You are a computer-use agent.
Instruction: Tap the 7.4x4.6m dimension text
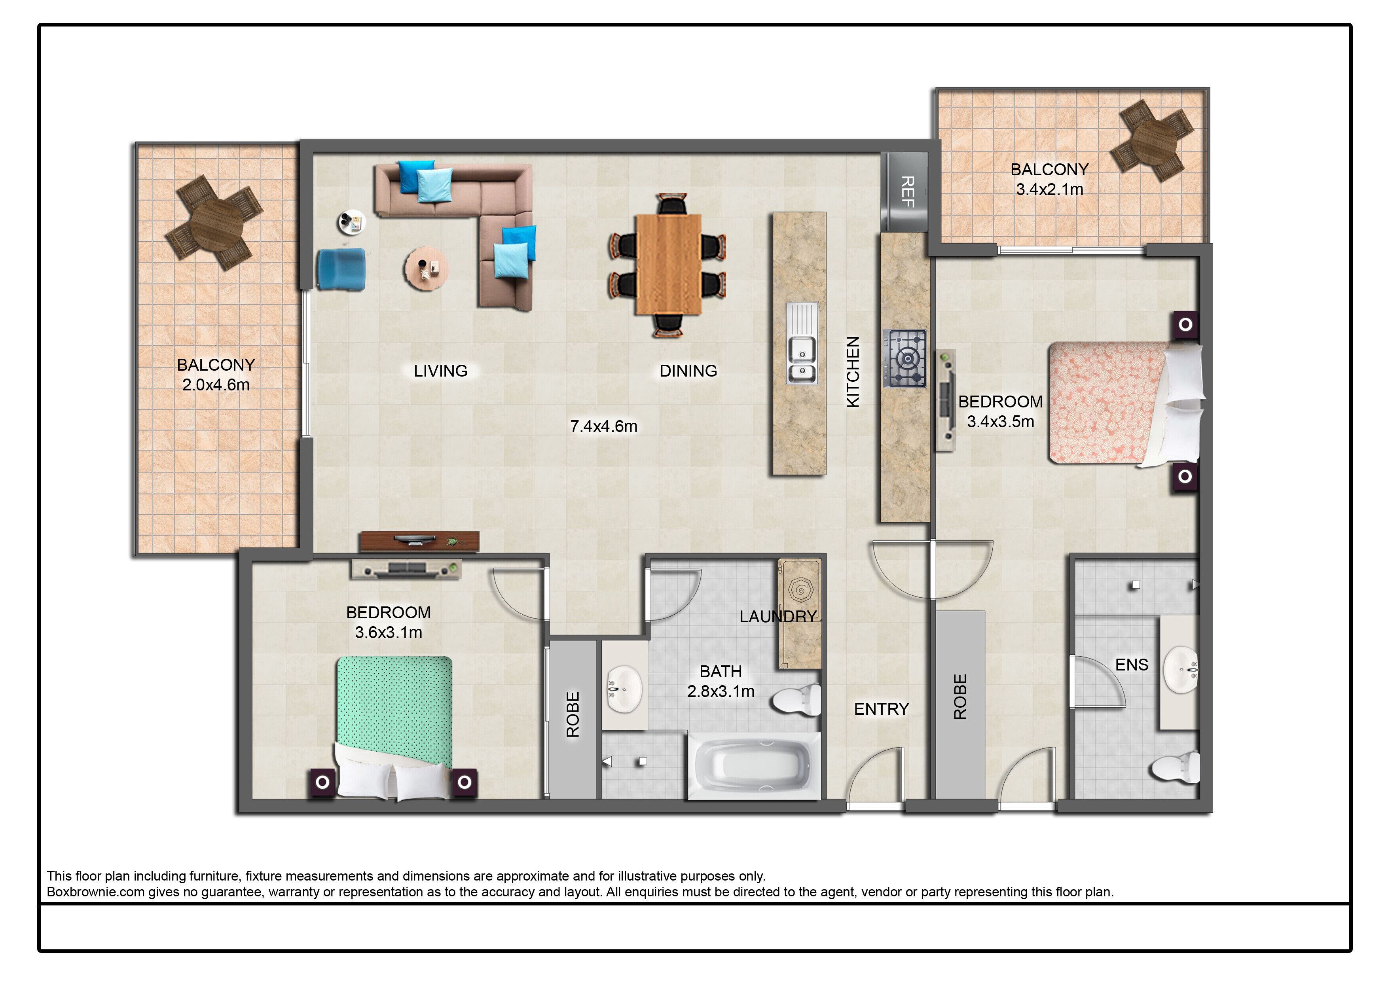603,426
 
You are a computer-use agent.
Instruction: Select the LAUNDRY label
777,617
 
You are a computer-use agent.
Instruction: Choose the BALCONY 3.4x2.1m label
1049,179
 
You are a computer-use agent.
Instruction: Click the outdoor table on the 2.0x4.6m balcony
216,222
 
